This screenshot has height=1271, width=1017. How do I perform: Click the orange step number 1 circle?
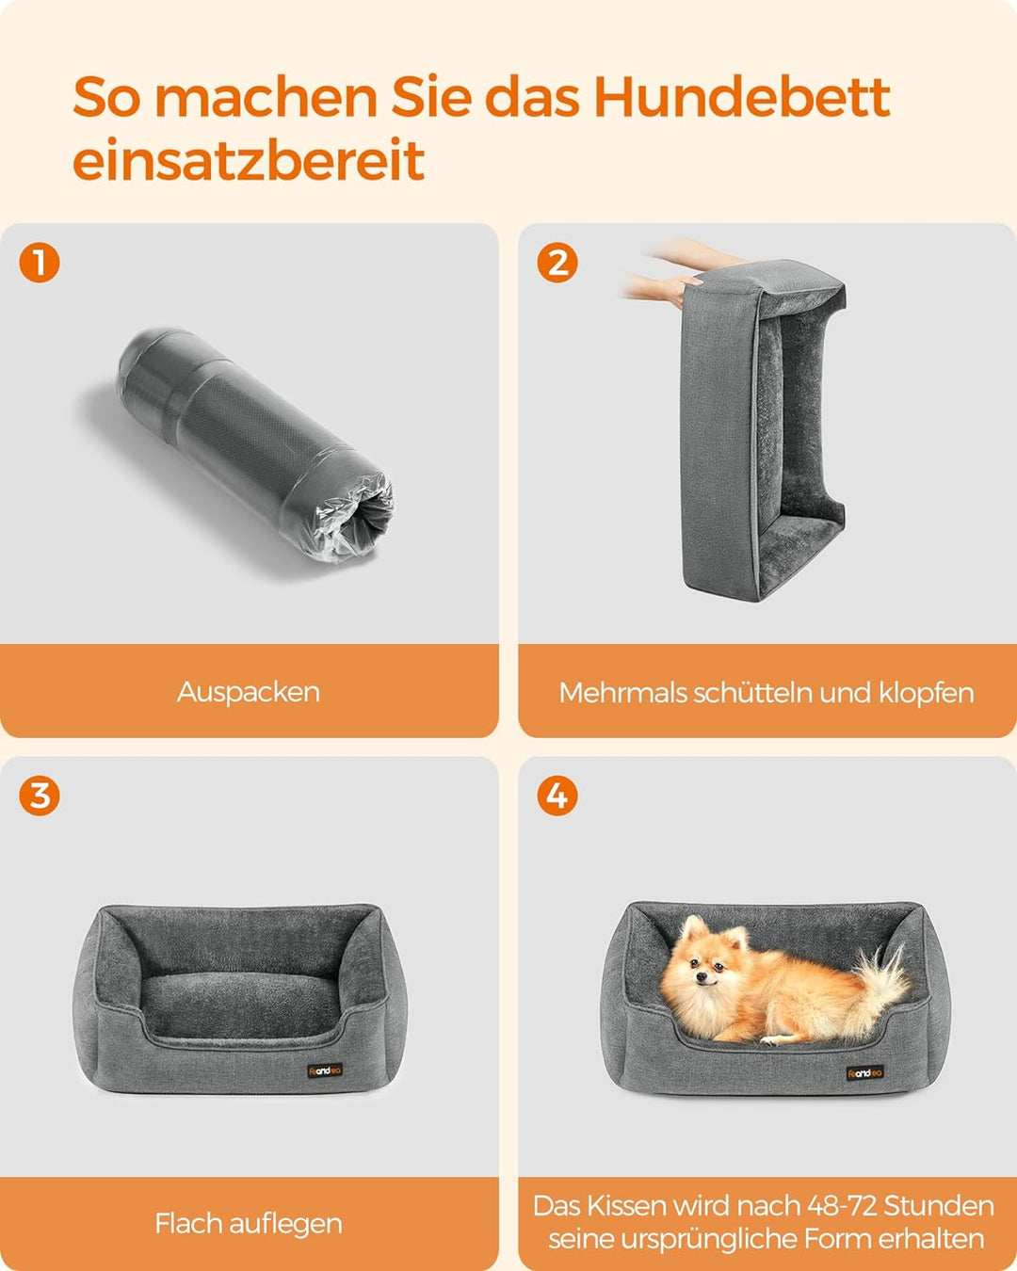(x=40, y=263)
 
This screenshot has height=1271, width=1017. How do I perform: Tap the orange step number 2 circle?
(x=557, y=263)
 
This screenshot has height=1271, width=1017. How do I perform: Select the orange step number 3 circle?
(x=40, y=796)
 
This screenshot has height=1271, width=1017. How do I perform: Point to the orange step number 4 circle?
(x=557, y=796)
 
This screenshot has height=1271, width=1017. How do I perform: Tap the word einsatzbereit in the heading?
(x=249, y=160)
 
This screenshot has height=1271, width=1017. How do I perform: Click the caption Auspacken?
(x=249, y=692)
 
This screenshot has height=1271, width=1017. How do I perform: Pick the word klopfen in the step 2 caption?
(x=927, y=693)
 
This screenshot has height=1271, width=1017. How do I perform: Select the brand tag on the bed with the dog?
(x=864, y=1072)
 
